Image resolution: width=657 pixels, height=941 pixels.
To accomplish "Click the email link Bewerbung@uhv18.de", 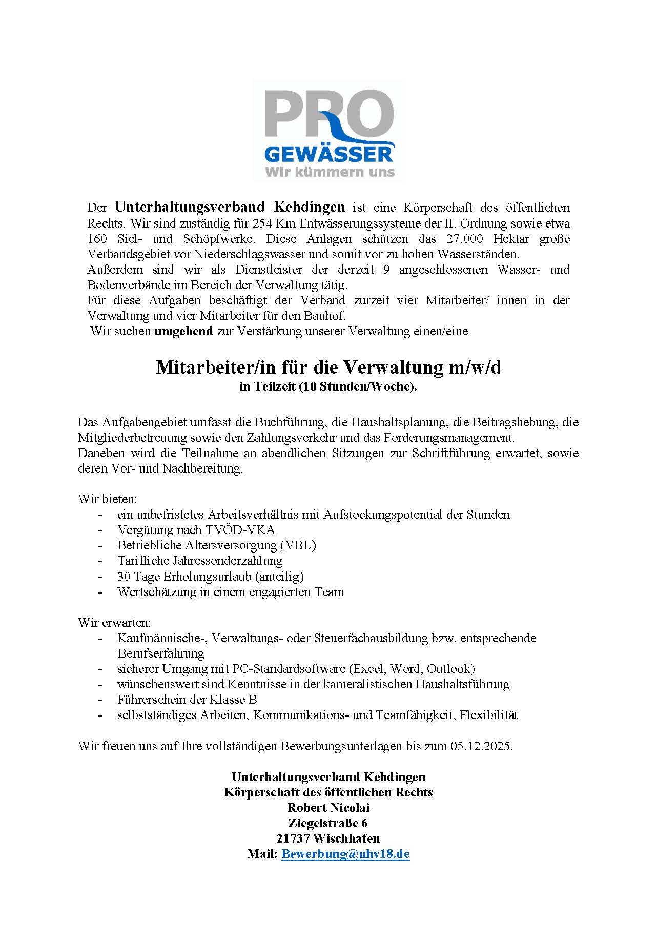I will point(345,854).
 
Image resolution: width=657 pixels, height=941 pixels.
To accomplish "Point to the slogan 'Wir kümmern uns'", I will point(330,171).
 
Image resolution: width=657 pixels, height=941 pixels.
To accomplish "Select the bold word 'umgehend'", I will point(183,331).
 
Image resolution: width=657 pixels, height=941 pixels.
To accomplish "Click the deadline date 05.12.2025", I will point(481,746).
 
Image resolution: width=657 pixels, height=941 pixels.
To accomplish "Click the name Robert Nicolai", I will point(328,808).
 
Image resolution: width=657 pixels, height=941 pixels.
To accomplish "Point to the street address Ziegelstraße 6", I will point(328,823).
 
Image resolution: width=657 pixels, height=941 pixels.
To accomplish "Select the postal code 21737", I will point(293,838).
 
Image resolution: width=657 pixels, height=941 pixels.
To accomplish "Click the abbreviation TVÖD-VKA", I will point(240,530).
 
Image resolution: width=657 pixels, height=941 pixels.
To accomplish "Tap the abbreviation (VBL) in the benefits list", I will point(298,545).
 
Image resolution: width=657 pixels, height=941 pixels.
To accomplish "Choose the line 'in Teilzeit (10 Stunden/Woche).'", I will point(328,386).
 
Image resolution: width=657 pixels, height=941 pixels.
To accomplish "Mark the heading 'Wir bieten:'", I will point(108,499).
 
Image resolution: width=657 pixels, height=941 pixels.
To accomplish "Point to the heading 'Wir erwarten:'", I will point(114,623).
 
